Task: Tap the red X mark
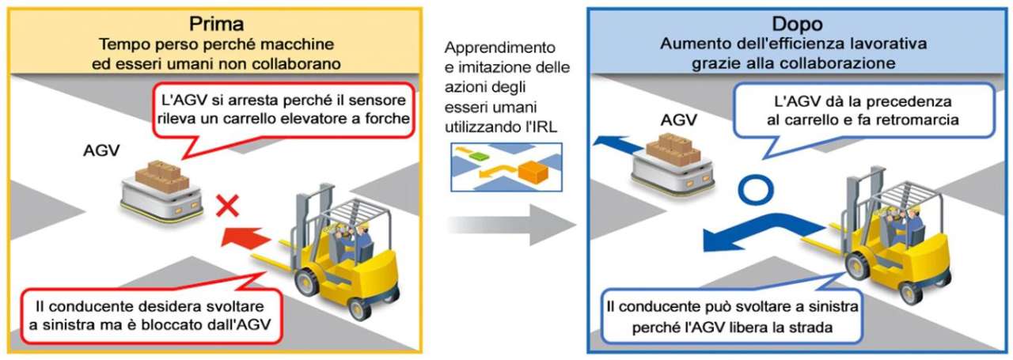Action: pyautogui.click(x=229, y=207)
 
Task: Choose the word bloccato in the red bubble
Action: pyautogui.click(x=184, y=326)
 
